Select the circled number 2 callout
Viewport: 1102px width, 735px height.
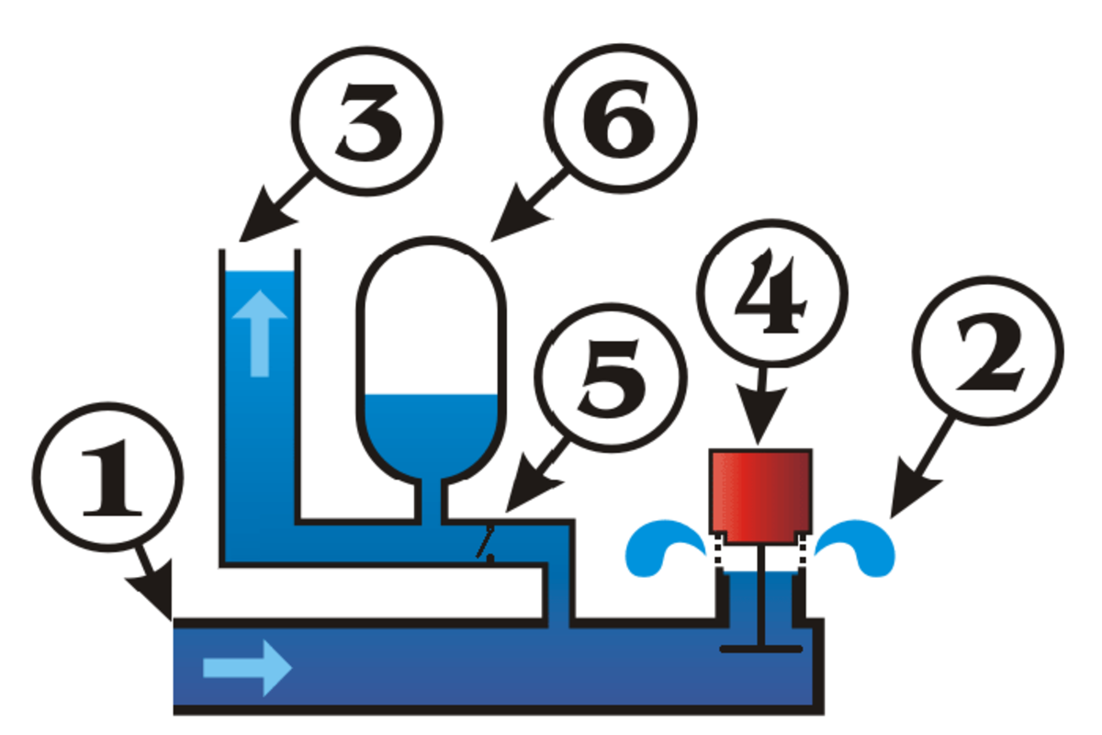[x=988, y=356]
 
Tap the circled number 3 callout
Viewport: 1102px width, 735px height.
[x=367, y=119]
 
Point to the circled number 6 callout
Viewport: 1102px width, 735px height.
[x=622, y=119]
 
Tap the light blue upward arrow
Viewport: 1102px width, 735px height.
[x=257, y=335]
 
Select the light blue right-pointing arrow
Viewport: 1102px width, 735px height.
[x=247, y=668]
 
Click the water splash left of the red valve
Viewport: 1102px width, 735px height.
[x=666, y=548]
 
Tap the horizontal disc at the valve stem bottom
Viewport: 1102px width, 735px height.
[x=761, y=650]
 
